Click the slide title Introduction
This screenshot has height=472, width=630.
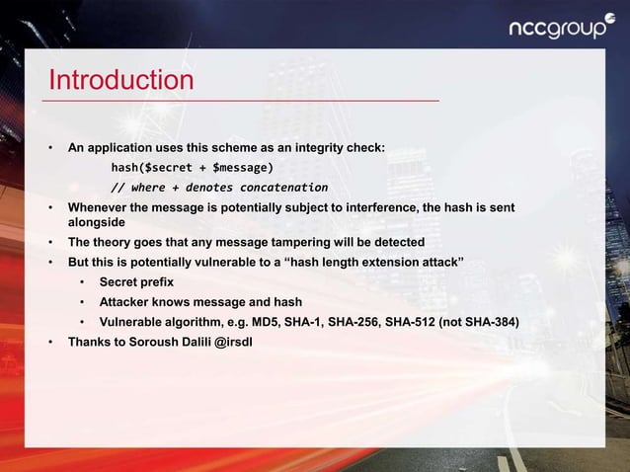(x=121, y=79)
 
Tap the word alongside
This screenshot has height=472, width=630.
(x=97, y=224)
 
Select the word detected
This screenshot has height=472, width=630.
(x=399, y=243)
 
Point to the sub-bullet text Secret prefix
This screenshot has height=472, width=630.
(x=136, y=282)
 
